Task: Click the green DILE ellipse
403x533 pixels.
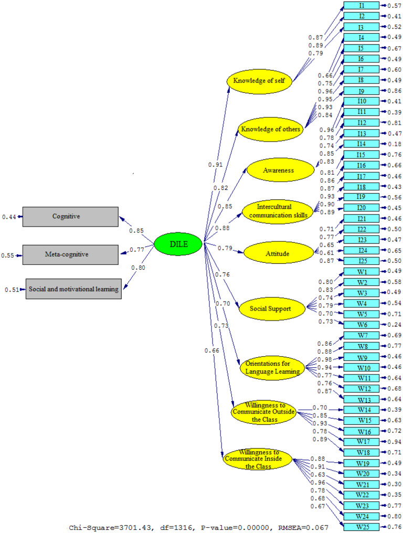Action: [178, 243]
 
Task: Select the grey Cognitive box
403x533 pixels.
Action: [70, 216]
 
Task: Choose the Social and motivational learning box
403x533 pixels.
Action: [73, 289]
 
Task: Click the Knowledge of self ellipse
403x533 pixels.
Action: [259, 81]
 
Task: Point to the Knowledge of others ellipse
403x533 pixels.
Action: [271, 129]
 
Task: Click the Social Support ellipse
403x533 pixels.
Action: [272, 309]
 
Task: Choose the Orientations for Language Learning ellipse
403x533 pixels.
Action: [272, 368]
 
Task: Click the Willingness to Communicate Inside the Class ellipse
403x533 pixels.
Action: [258, 459]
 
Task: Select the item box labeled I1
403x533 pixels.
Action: [362, 5]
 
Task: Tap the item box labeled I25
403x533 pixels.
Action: [362, 261]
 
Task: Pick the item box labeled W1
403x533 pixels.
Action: [362, 271]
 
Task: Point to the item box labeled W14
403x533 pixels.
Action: [362, 409]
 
